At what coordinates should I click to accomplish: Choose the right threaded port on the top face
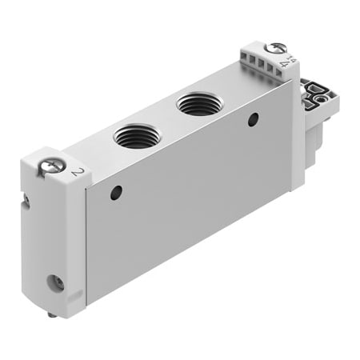click(195, 103)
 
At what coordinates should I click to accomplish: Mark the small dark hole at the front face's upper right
click(253, 120)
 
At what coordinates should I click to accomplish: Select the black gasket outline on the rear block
click(318, 94)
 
